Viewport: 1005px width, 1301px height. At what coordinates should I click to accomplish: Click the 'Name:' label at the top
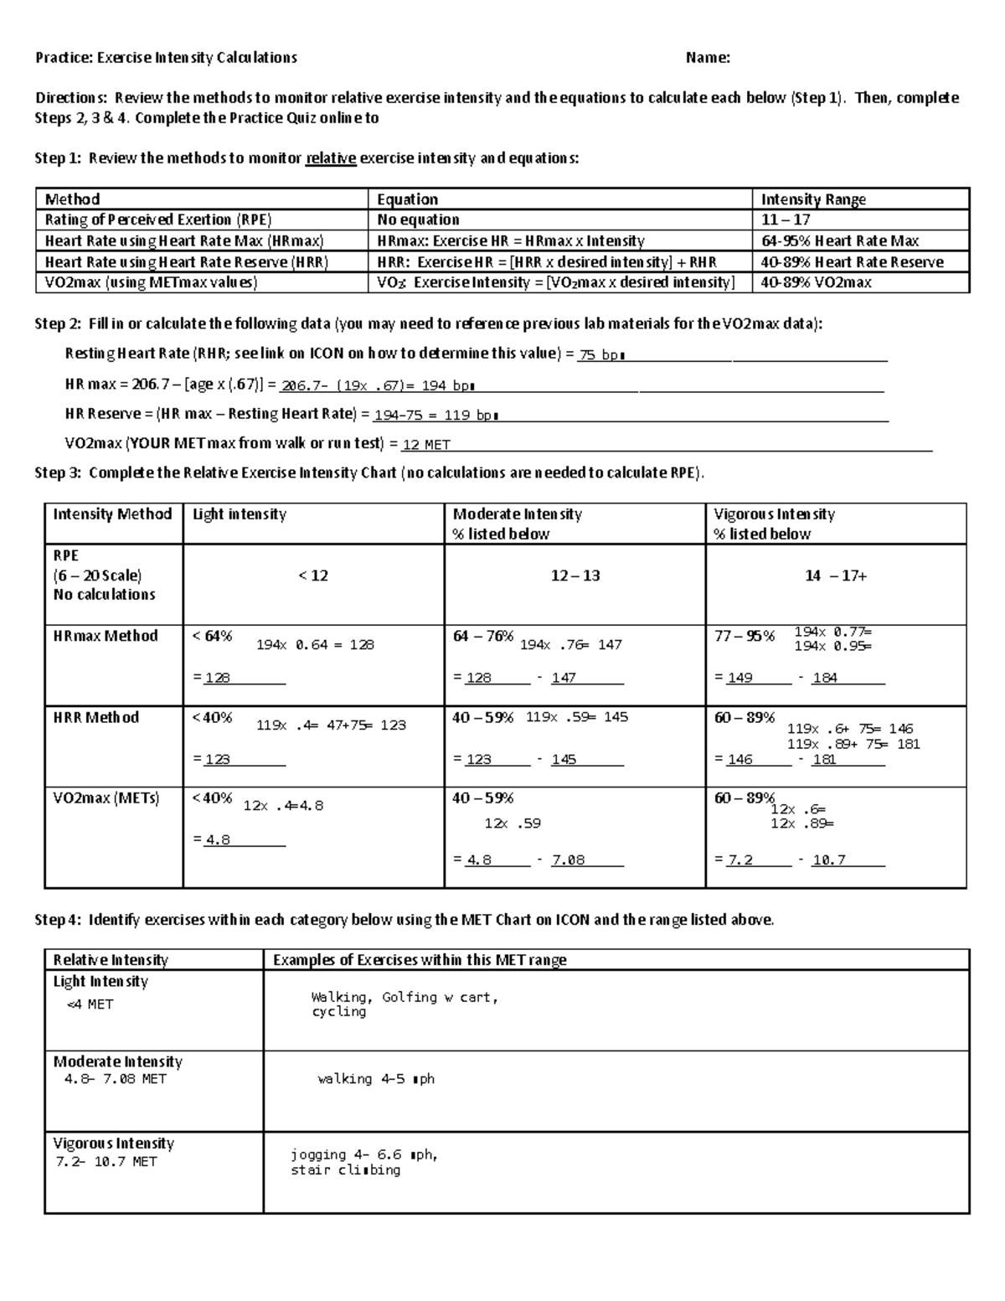[x=708, y=58]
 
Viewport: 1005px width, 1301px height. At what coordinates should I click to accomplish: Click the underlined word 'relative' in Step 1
[x=331, y=158]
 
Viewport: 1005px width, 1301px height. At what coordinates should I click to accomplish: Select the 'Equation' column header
[x=407, y=199]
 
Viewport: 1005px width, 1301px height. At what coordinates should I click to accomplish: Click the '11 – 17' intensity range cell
[x=786, y=219]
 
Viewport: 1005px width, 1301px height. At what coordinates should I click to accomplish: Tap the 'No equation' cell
[x=418, y=219]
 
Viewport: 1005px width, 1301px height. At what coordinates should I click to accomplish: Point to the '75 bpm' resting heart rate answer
[x=602, y=355]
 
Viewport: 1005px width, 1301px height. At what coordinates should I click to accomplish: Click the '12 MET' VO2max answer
[x=426, y=445]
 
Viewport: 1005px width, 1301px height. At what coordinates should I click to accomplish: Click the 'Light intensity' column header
[x=240, y=514]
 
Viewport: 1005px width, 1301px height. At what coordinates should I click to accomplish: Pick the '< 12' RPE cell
[x=313, y=576]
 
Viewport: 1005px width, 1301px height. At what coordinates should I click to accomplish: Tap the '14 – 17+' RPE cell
[x=836, y=576]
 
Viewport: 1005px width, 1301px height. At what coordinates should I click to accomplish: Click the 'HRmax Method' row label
[x=106, y=636]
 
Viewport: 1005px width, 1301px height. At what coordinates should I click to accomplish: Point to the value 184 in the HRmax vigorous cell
[x=825, y=678]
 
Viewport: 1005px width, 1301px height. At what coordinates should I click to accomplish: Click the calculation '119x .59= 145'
[x=577, y=717]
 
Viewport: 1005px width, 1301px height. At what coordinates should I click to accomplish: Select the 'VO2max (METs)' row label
[x=106, y=798]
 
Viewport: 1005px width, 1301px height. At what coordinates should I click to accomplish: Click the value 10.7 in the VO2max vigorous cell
[x=829, y=860]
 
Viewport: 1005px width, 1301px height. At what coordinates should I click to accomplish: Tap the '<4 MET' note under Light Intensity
[x=90, y=1004]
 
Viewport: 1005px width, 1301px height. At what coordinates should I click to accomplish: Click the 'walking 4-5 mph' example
[x=376, y=1079]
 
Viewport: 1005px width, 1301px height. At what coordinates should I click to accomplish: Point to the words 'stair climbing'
[x=345, y=1170]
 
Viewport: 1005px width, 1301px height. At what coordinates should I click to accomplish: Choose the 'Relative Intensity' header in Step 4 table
[x=111, y=960]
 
